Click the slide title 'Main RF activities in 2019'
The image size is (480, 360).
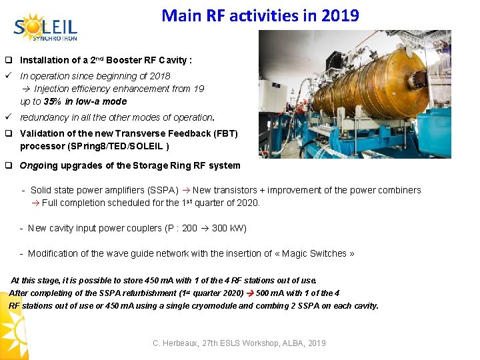click(x=260, y=15)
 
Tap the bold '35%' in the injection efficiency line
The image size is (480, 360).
click(x=53, y=101)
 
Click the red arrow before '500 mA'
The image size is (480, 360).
click(x=251, y=293)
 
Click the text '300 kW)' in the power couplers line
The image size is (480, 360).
click(x=229, y=228)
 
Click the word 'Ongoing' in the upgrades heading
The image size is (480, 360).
click(x=37, y=165)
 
